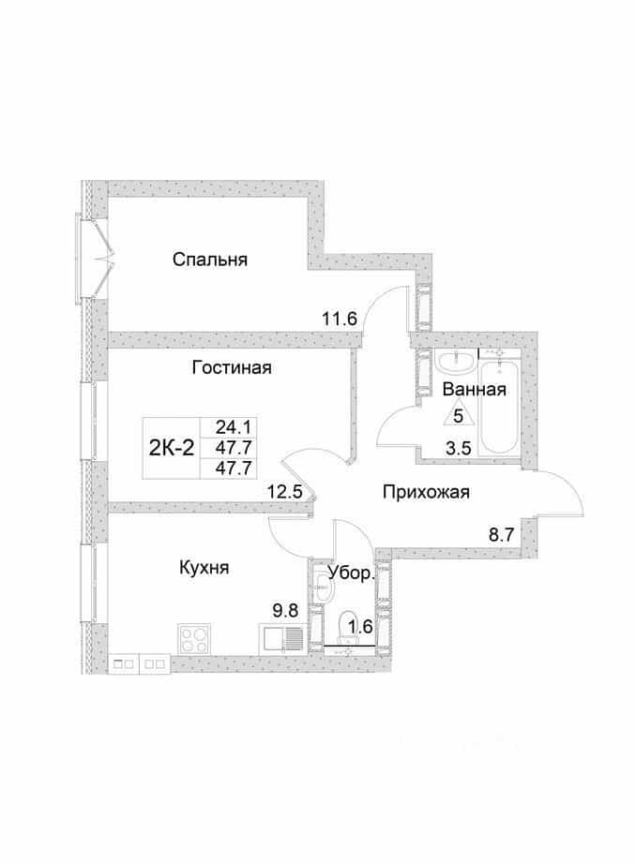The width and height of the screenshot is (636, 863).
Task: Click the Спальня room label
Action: (x=209, y=260)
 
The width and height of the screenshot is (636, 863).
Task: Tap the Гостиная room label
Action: (x=232, y=367)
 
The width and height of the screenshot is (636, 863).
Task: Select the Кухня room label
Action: (x=204, y=567)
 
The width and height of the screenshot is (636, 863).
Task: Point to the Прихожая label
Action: (x=426, y=492)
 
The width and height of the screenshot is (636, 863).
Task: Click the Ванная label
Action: (x=474, y=390)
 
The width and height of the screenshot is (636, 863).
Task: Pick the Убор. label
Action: (x=352, y=573)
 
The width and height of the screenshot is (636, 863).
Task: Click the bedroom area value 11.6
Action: (x=341, y=319)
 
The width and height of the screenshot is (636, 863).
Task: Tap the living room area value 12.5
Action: (x=285, y=491)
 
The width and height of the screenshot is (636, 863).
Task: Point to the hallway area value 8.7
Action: (x=502, y=534)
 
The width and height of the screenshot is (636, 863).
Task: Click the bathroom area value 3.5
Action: (x=458, y=449)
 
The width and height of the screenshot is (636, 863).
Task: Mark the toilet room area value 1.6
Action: (x=360, y=626)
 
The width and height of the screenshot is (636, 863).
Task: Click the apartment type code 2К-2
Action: (x=172, y=448)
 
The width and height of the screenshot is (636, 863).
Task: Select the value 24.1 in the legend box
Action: (x=234, y=426)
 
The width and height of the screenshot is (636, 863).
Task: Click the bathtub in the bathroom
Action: (x=500, y=407)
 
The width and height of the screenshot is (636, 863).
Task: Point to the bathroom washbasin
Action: (x=455, y=363)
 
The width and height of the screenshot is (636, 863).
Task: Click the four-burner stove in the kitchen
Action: (x=194, y=640)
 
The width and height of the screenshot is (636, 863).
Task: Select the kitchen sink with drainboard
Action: (x=281, y=640)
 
